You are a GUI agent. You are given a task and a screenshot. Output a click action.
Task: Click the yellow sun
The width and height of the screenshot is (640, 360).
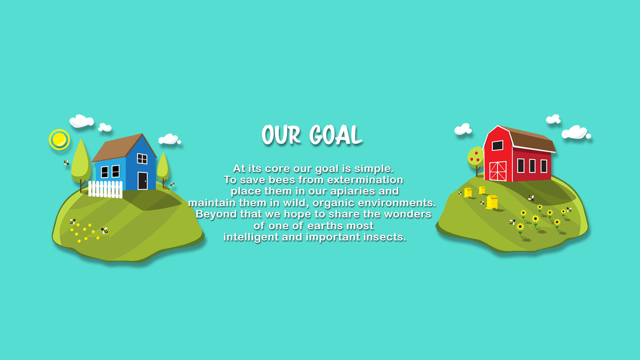tap(59, 140)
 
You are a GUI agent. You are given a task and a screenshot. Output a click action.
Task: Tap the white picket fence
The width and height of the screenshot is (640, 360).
tap(105, 189)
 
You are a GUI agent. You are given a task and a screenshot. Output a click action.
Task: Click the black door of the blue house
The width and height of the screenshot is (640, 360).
tap(142, 181)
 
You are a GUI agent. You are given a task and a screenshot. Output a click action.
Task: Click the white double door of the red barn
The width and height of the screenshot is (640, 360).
tap(498, 171)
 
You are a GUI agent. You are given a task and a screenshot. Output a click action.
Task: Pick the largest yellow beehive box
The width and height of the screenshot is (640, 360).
tap(492, 202)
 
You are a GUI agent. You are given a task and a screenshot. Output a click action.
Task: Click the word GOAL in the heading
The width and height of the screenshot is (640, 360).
tap(336, 135)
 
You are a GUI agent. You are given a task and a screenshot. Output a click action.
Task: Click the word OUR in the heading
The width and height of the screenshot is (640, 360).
tap(281, 135)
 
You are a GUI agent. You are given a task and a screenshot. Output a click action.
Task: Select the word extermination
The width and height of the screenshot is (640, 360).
tap(365, 180)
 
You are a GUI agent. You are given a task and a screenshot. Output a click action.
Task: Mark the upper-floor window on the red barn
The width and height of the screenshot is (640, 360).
tap(498, 145)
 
